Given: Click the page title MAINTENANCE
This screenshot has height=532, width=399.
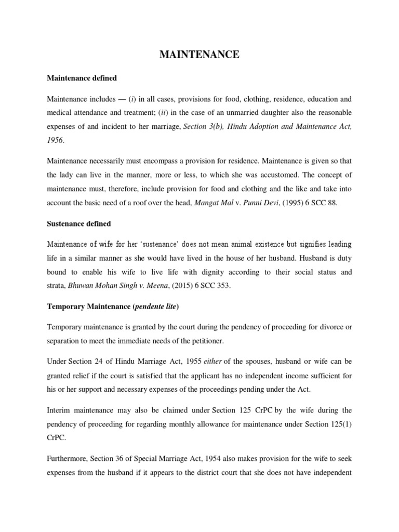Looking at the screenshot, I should click(199, 55).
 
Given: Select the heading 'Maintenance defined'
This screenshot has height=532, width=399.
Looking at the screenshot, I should click(82, 78).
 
